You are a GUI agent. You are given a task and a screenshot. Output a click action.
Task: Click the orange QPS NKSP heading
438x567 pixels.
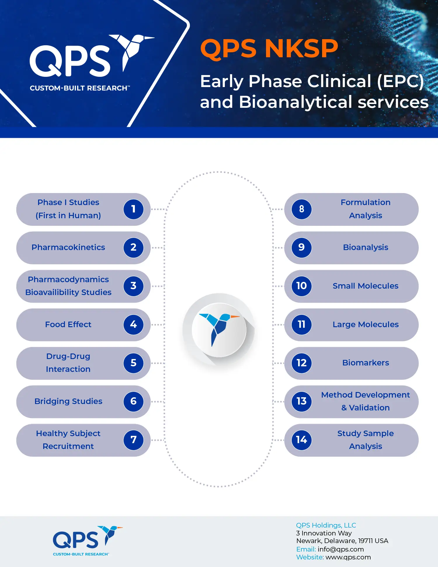click(269, 48)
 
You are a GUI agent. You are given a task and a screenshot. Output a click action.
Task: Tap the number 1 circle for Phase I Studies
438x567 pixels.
click(133, 209)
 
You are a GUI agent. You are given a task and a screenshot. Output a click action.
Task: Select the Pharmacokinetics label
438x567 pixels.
click(68, 247)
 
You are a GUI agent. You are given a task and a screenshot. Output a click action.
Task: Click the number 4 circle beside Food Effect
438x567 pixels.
click(133, 325)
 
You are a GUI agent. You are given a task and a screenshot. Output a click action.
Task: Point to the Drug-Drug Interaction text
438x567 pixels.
click(68, 363)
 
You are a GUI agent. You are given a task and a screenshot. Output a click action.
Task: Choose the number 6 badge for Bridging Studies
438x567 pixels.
click(133, 401)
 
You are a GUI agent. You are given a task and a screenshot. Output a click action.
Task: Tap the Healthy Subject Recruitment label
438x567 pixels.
click(68, 440)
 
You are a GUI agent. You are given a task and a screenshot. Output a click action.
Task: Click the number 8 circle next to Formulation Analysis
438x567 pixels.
click(302, 209)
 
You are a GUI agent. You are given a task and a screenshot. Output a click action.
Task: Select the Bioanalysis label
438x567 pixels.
click(366, 247)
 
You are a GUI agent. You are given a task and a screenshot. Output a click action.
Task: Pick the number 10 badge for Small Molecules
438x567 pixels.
click(302, 286)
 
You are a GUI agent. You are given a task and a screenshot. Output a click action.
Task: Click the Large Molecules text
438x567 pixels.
click(366, 325)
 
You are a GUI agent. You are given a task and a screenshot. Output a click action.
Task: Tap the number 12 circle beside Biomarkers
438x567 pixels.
click(302, 363)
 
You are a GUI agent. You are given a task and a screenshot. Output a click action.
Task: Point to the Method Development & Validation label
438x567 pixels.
click(366, 401)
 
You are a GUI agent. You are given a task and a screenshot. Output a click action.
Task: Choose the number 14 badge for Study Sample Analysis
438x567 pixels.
click(302, 440)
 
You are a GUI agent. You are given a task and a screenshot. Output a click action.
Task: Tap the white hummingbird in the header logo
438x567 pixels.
click(131, 51)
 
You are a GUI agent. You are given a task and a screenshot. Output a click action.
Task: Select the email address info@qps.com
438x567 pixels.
click(341, 549)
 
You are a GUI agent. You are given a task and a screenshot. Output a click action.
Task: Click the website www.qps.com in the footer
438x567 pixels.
click(348, 557)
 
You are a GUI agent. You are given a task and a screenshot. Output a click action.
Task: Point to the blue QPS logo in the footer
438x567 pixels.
click(88, 541)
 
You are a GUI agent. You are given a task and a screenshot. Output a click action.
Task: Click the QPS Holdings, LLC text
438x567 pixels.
click(326, 526)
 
